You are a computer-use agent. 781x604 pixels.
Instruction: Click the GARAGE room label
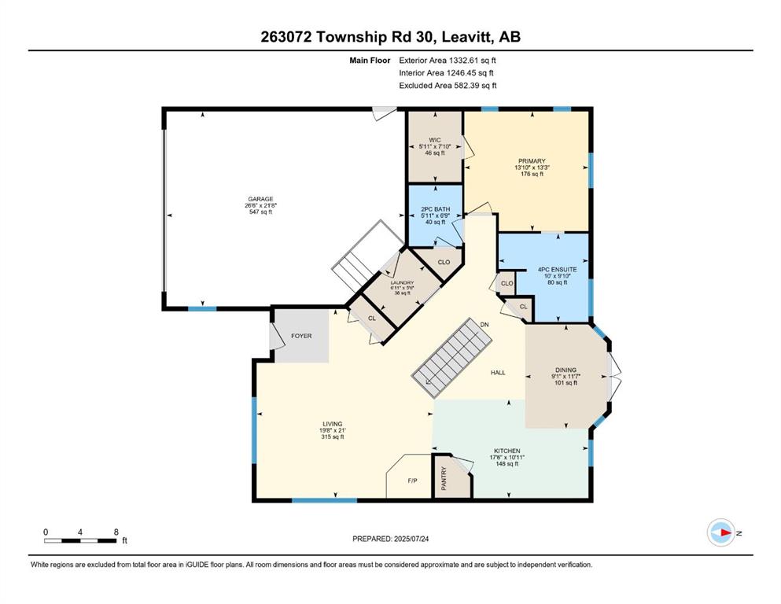tap(260, 199)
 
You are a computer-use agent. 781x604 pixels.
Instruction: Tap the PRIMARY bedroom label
tap(532, 161)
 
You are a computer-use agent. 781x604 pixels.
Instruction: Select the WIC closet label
tap(435, 140)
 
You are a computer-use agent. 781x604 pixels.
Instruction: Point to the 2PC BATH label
tap(435, 209)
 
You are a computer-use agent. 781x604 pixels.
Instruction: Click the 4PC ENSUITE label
tap(558, 270)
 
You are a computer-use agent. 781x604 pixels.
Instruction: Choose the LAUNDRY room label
tap(402, 283)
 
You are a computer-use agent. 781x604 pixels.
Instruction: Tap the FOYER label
tap(301, 336)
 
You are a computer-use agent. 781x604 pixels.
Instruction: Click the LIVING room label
tap(332, 424)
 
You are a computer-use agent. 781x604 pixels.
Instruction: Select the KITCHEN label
tap(507, 451)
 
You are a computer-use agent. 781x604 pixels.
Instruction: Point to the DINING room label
tap(565, 370)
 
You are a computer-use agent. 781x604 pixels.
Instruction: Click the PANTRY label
tap(444, 477)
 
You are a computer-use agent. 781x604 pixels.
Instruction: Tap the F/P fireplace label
tap(412, 481)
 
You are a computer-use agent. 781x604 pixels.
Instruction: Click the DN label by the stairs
tap(484, 325)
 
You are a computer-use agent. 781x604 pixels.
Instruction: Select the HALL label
tap(498, 373)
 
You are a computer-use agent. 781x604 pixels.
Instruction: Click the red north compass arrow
tap(726, 532)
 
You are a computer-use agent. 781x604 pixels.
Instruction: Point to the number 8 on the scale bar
tap(116, 532)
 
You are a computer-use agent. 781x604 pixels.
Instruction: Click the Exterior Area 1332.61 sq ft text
tap(448, 61)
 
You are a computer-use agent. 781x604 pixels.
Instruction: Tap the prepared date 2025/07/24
tap(411, 539)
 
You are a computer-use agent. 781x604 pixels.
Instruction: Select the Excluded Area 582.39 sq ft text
tap(448, 85)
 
